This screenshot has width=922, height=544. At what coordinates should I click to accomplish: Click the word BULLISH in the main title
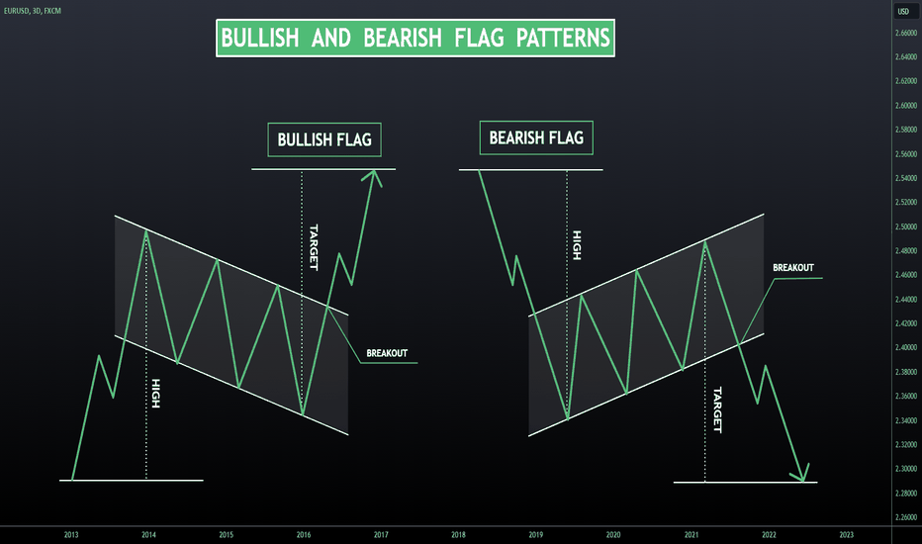pyautogui.click(x=260, y=39)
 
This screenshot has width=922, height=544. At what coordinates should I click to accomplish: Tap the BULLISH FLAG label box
pyautogui.click(x=324, y=140)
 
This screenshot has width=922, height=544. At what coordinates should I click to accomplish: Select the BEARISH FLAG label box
pyautogui.click(x=536, y=138)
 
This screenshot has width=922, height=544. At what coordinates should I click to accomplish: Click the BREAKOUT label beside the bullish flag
pyautogui.click(x=387, y=353)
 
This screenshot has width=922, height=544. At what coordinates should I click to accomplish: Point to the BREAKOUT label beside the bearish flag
pyautogui.click(x=793, y=268)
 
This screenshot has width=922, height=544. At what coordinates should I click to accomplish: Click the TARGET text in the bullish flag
pyautogui.click(x=314, y=247)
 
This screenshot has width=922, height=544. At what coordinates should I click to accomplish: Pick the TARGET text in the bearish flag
pyautogui.click(x=717, y=409)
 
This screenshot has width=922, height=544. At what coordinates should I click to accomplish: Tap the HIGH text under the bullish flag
pyautogui.click(x=156, y=394)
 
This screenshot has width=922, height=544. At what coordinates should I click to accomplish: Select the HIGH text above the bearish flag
pyautogui.click(x=577, y=245)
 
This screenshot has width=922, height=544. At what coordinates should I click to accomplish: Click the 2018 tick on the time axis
pyautogui.click(x=459, y=534)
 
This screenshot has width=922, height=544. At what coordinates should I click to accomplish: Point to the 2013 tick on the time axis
pyautogui.click(x=71, y=534)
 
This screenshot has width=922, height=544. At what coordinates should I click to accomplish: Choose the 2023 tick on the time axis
pyautogui.click(x=846, y=534)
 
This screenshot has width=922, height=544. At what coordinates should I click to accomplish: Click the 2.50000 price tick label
pyautogui.click(x=906, y=227)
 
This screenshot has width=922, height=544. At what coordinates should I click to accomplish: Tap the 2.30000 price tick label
pyautogui.click(x=906, y=469)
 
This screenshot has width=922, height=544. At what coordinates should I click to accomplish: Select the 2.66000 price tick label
pyautogui.click(x=906, y=33)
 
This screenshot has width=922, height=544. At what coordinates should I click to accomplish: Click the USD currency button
pyautogui.click(x=904, y=11)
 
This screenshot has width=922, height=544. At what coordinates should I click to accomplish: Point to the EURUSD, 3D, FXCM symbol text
pyautogui.click(x=33, y=11)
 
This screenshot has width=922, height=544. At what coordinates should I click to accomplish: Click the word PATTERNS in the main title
pyautogui.click(x=563, y=39)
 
